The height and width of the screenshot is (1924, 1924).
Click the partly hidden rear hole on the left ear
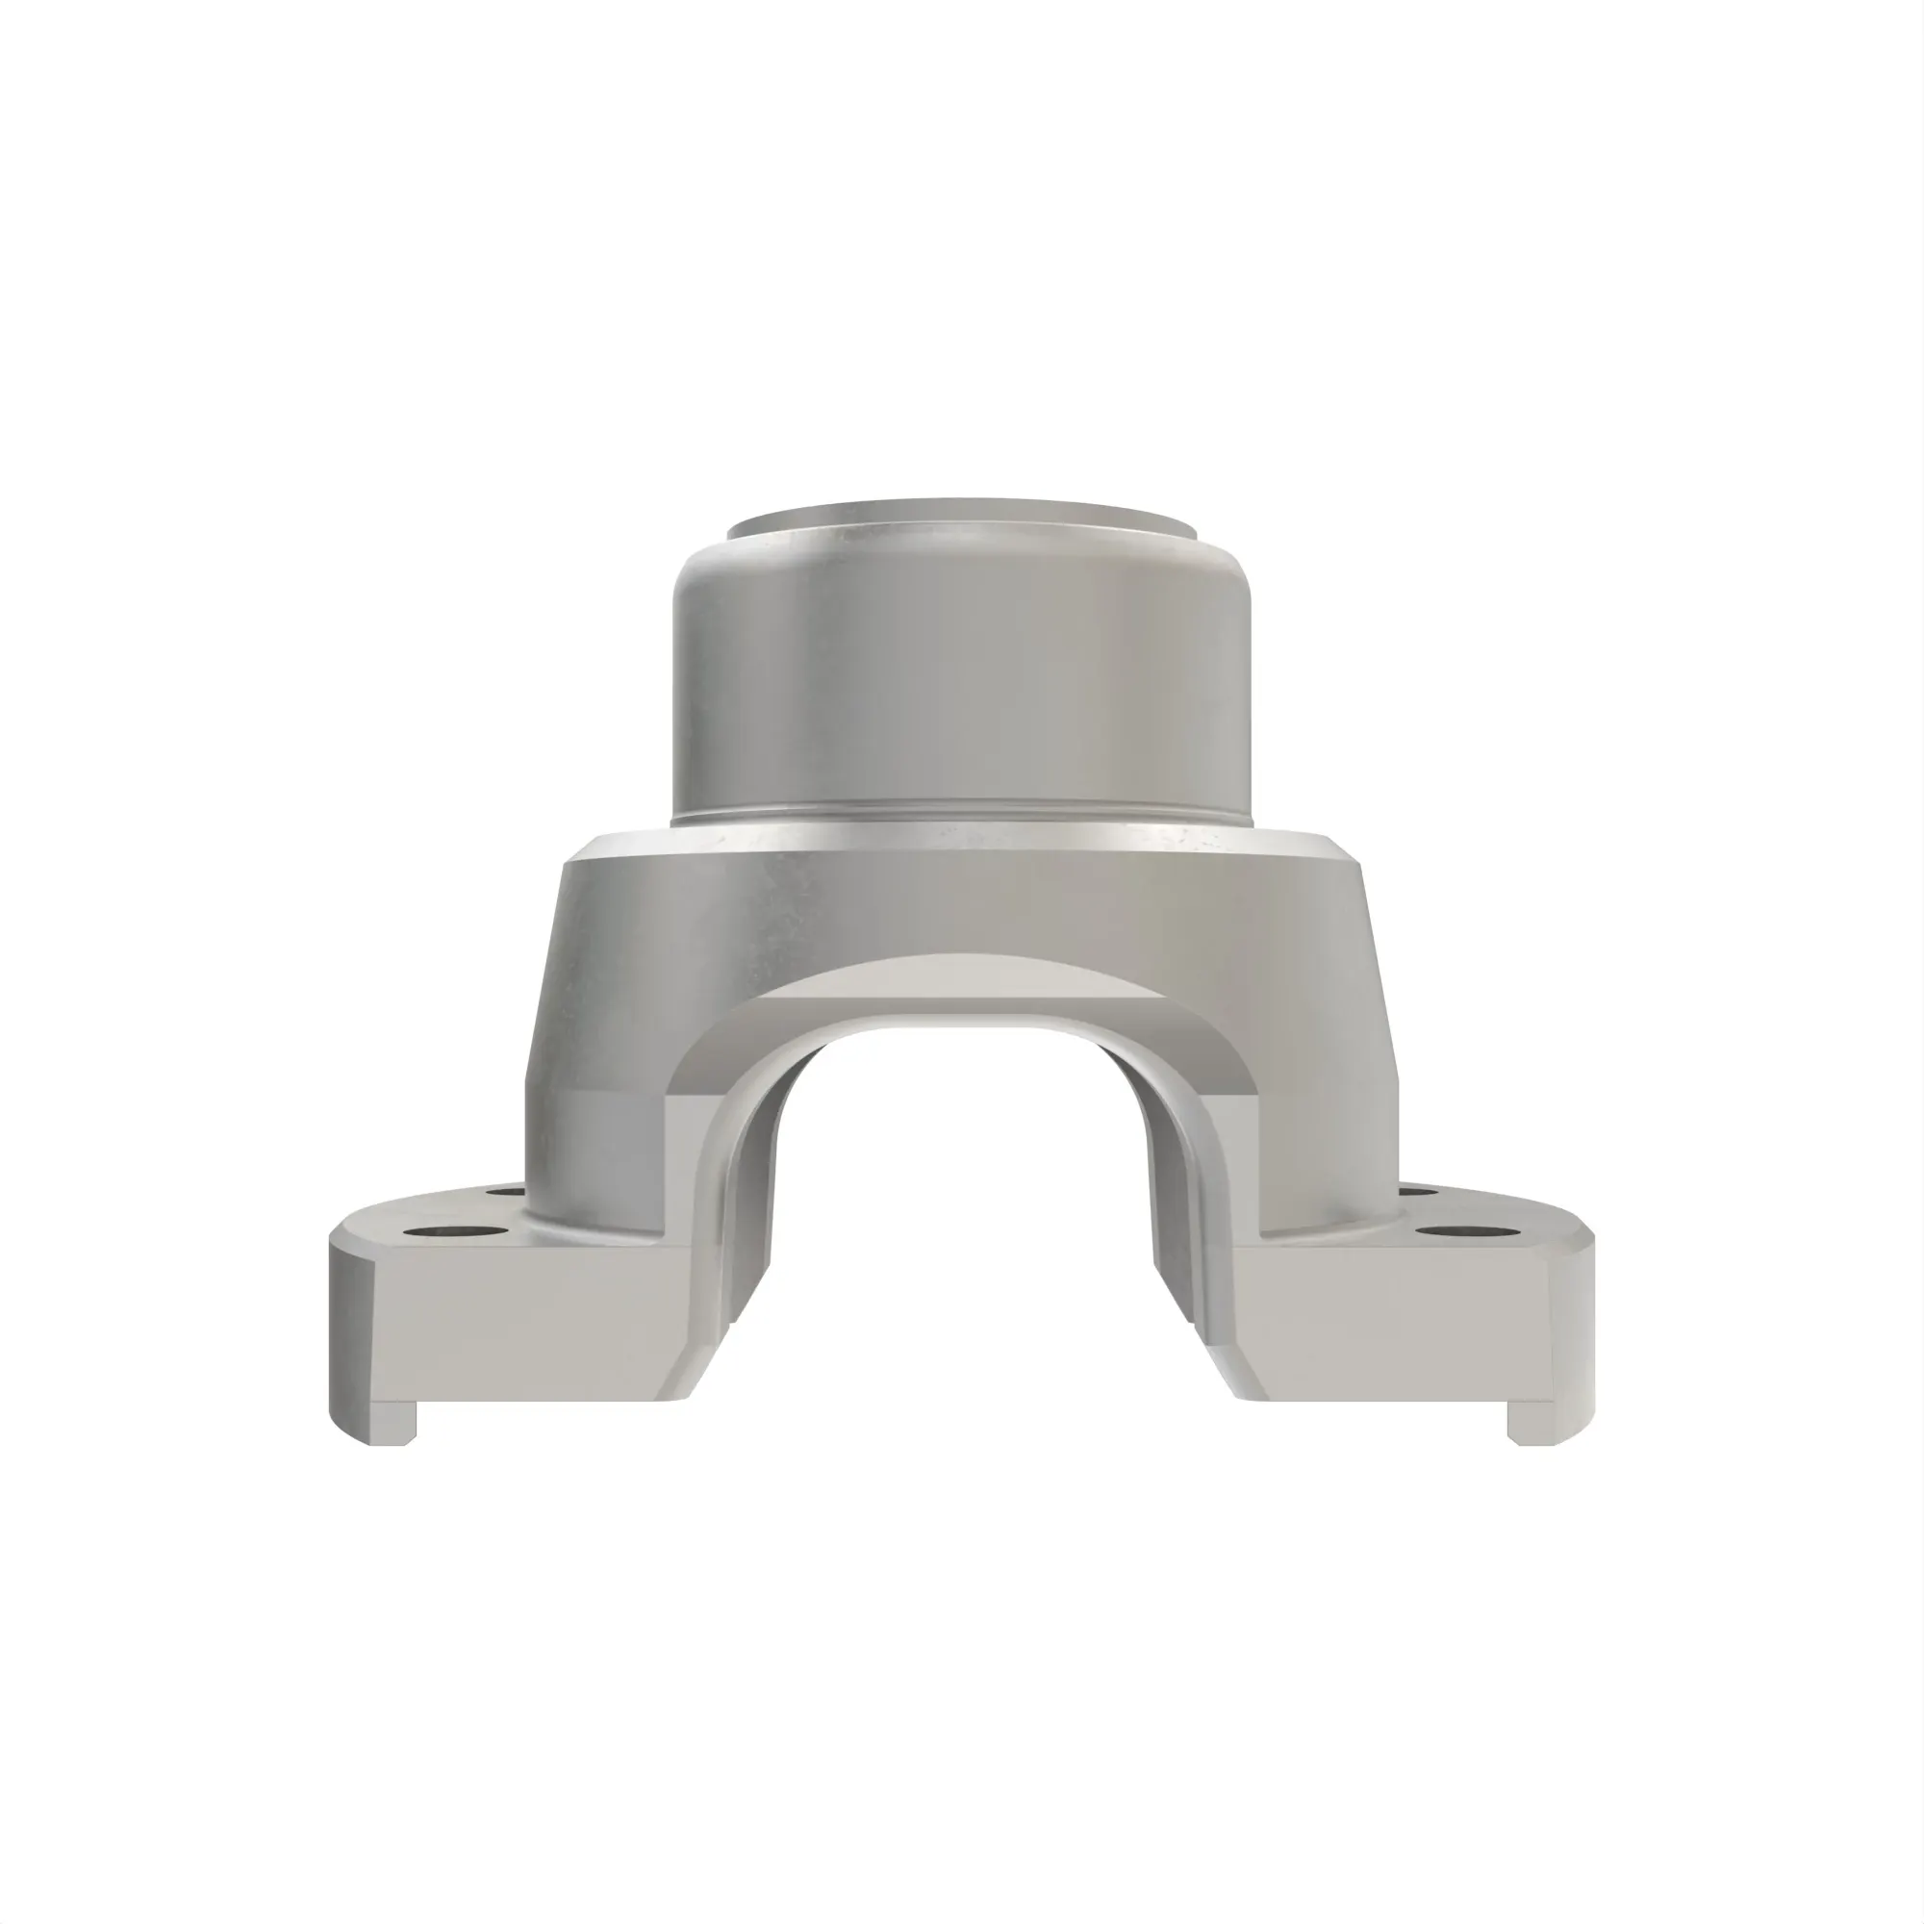coord(506,1190)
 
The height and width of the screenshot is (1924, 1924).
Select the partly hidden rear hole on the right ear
coord(1417,1190)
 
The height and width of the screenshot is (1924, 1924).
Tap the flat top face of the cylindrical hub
coord(962,519)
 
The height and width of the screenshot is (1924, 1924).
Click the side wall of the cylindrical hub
coord(962,677)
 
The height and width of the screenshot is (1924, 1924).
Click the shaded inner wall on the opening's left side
coord(757,1195)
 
